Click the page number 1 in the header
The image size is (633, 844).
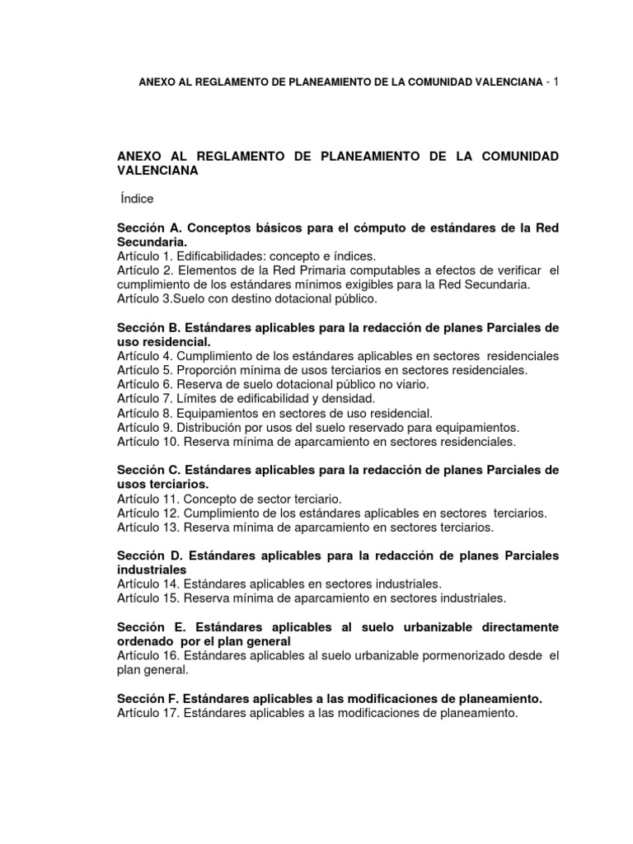click(556, 82)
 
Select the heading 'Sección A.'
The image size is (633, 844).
click(148, 228)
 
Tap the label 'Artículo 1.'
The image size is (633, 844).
click(147, 256)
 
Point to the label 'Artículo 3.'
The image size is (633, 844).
click(147, 298)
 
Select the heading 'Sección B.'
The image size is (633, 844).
click(148, 327)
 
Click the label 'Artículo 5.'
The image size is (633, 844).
click(147, 370)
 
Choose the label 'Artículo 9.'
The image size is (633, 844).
click(147, 427)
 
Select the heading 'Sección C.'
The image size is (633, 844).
click(148, 470)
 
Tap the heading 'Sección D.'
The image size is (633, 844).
click(148, 556)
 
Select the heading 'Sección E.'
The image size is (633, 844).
click(148, 627)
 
